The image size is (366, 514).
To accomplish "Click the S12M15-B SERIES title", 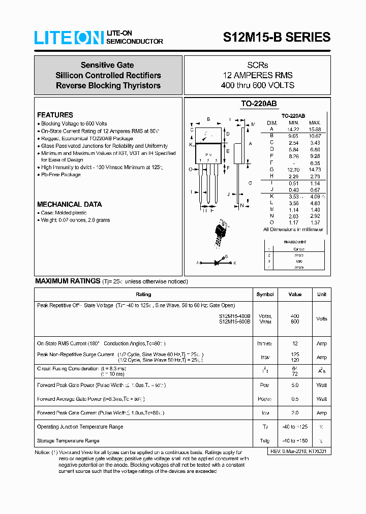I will [277, 37].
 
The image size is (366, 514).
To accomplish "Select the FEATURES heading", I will [55, 115].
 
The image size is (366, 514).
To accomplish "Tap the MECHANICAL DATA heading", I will [69, 204].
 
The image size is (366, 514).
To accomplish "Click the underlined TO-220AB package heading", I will [259, 104].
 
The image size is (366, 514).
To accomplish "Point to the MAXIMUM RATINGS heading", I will [68, 281].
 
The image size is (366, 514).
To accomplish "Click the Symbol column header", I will [265, 294].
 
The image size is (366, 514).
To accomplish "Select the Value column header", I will [295, 294].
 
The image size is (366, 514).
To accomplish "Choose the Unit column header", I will [322, 294].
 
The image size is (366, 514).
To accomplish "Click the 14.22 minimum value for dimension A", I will [294, 129].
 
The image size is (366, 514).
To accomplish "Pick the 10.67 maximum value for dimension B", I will [315, 136].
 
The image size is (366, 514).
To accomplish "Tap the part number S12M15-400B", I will [234, 316].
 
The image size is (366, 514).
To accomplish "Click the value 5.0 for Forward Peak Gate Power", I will [295, 385].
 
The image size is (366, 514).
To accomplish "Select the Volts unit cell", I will [322, 319].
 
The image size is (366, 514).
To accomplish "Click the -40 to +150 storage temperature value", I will [295, 440].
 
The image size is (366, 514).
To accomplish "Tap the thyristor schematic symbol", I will [216, 263].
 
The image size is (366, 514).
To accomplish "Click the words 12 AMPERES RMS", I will [257, 75].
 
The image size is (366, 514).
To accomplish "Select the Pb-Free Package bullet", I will [60, 175].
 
